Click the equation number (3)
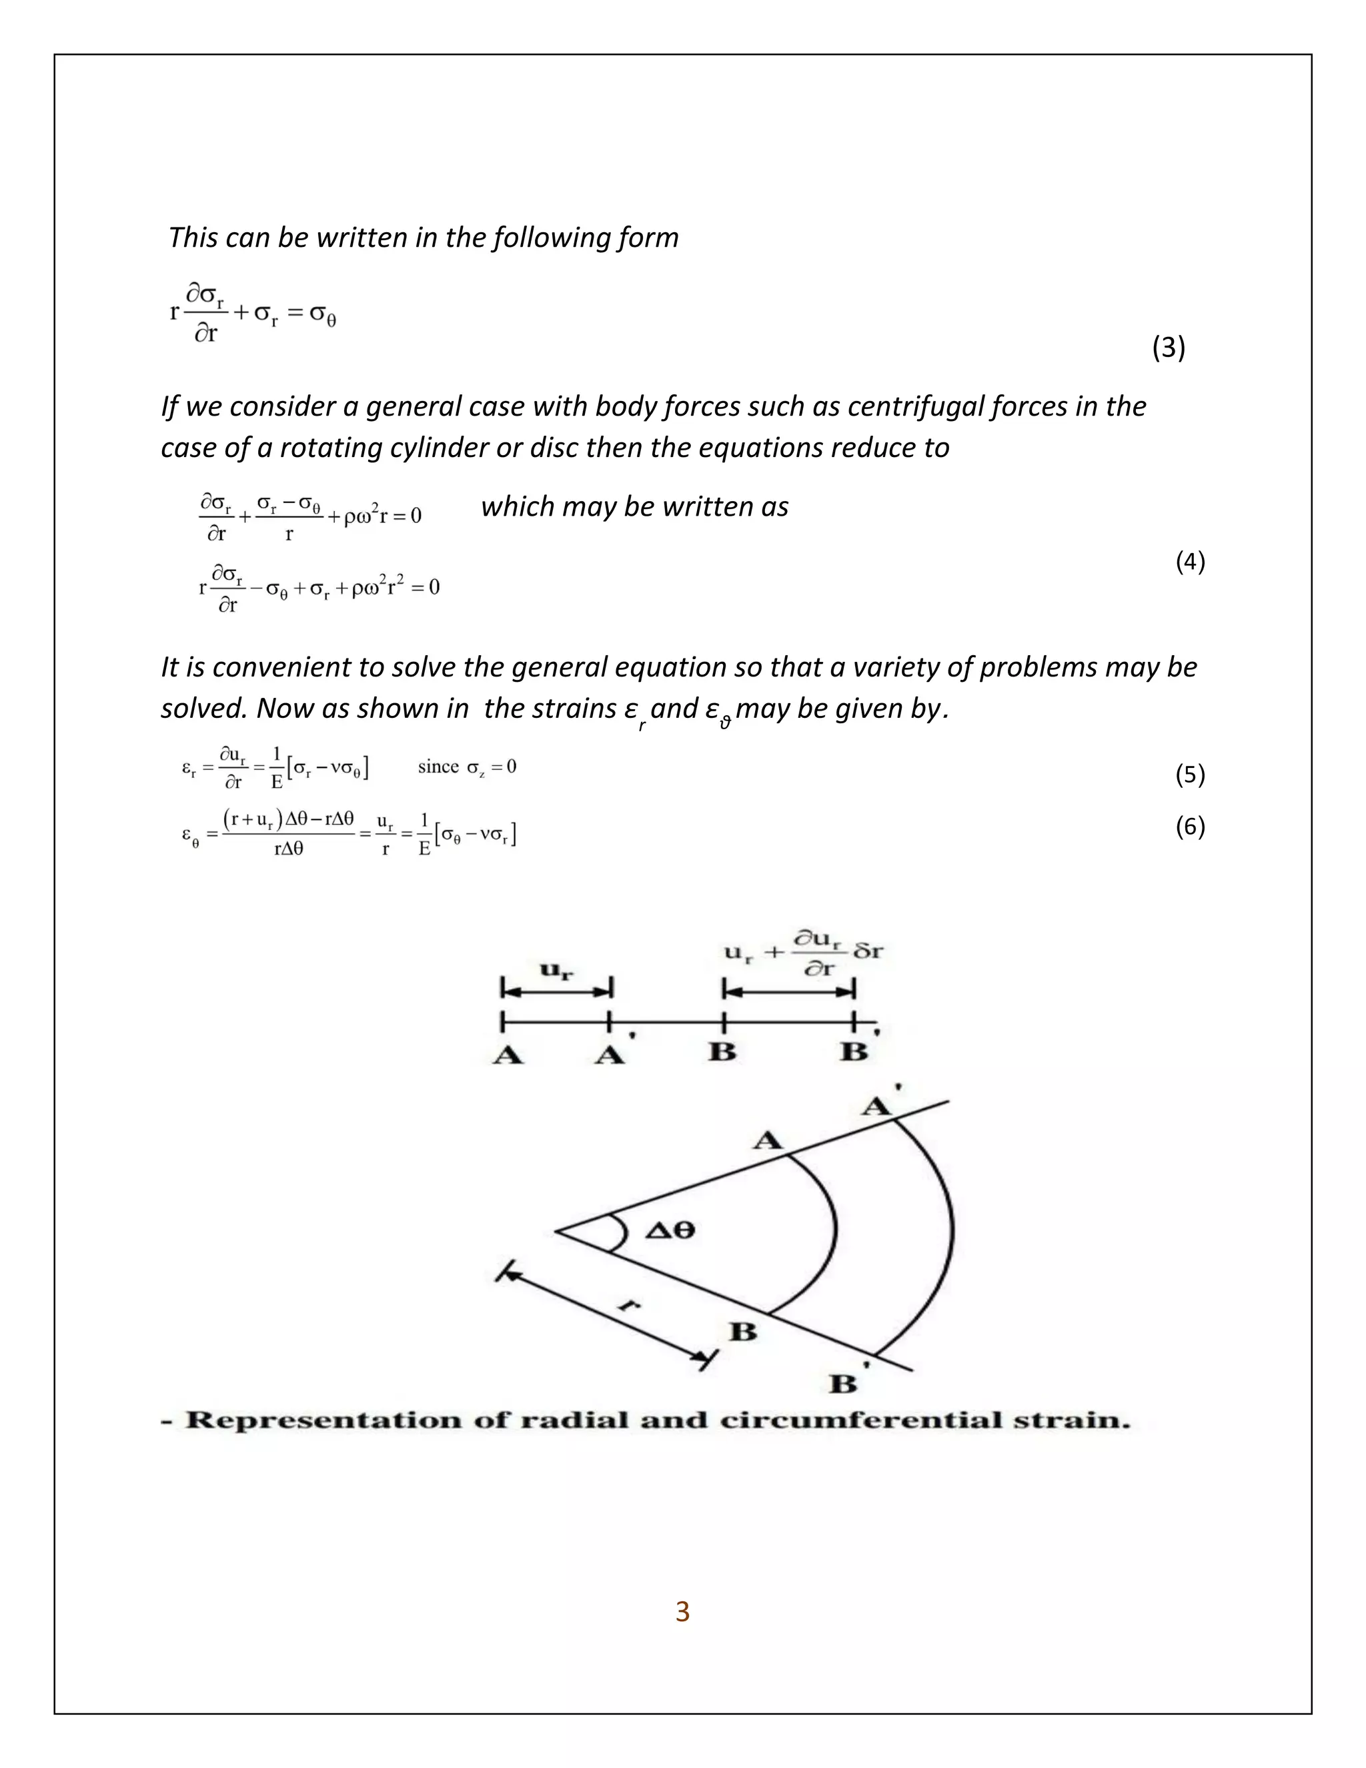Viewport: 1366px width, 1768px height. (1168, 348)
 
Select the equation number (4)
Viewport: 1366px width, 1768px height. (1190, 561)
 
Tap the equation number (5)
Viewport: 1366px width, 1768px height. (1190, 775)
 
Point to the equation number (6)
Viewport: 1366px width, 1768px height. (1190, 827)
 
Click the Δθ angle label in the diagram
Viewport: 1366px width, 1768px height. (670, 1230)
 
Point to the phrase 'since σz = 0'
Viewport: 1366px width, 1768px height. (467, 767)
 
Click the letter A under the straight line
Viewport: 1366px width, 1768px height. (508, 1055)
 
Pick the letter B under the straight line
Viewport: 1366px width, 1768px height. (722, 1051)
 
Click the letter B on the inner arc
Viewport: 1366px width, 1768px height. (743, 1331)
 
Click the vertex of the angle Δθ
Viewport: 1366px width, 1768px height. (555, 1232)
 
